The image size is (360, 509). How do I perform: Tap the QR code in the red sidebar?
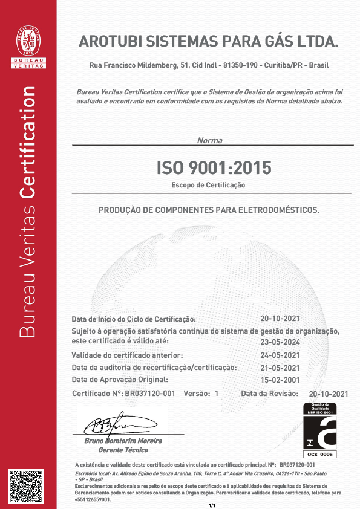click(28, 486)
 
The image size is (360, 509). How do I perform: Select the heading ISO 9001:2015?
click(214, 166)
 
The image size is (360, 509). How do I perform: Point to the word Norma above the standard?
click(209, 140)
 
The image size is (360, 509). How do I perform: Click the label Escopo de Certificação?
click(208, 185)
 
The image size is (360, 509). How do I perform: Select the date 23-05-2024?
click(280, 340)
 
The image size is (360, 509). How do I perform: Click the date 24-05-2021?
click(280, 355)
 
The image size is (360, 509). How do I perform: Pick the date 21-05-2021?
click(280, 368)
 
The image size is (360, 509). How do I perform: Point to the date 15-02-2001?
click(280, 380)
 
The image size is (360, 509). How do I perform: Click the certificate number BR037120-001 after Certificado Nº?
click(150, 393)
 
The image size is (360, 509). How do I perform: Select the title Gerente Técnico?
click(122, 450)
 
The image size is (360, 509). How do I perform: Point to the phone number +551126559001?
click(93, 500)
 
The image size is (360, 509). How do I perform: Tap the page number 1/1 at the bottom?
click(212, 505)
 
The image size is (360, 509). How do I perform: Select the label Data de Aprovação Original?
click(119, 380)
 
